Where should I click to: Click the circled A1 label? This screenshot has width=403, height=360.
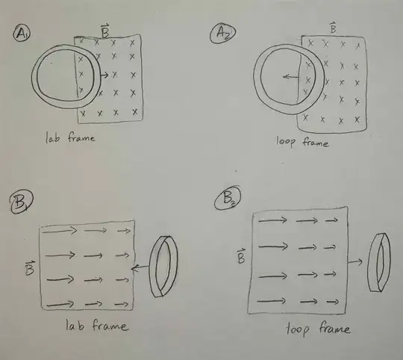(22, 33)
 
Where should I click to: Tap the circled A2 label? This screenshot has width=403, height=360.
(222, 33)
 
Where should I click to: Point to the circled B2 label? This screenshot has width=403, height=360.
(228, 198)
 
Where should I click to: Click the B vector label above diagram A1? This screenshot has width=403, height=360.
(105, 31)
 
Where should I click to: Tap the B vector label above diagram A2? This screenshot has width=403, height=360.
(333, 28)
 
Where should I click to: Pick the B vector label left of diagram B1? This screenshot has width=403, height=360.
(30, 267)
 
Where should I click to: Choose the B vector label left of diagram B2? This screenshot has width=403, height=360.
(241, 256)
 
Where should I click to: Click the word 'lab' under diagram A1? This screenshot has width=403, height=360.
(53, 137)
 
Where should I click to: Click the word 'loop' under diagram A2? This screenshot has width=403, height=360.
(286, 142)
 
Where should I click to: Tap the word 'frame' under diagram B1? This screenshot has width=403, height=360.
(110, 326)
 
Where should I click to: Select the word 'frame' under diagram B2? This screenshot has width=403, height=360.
(334, 328)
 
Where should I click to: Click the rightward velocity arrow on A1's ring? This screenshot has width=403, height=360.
(104, 75)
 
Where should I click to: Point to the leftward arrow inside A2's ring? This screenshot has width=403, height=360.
(291, 77)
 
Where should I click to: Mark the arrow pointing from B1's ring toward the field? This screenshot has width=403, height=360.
(140, 268)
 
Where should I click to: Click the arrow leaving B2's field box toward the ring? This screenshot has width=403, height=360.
(355, 261)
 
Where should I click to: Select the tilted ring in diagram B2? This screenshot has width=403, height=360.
(370, 262)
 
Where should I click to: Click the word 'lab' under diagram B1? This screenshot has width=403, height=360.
(75, 325)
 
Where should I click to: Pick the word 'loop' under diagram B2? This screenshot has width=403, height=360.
(297, 329)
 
